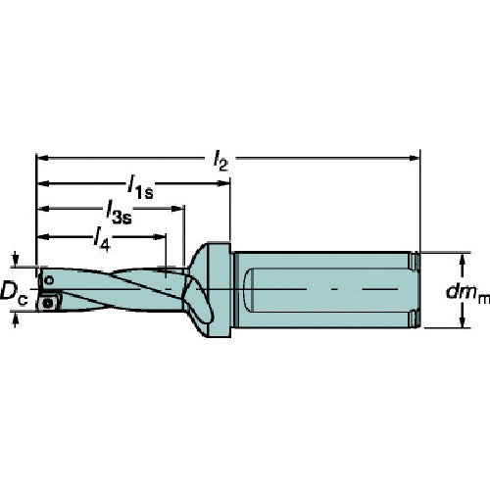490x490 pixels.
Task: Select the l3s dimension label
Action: pos(120,213)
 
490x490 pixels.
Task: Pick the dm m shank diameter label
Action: pos(466,291)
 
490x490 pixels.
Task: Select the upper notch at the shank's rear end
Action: pos(416,262)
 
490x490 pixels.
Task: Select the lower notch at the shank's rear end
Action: pos(416,318)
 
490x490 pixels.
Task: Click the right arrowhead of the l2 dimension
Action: pos(415,156)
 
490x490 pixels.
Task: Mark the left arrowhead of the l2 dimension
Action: pos(42,156)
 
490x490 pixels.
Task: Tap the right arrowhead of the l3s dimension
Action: pos(179,207)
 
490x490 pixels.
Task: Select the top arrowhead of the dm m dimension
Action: pos(462,256)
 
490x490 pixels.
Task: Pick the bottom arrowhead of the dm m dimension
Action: pos(462,324)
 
